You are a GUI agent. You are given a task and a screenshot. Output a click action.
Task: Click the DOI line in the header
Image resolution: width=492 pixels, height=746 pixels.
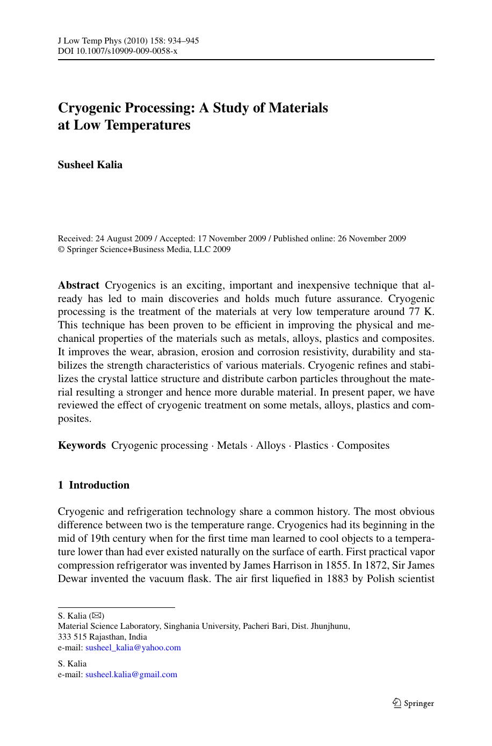117,51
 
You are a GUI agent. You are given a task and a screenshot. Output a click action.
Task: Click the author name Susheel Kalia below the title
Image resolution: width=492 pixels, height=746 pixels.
90,165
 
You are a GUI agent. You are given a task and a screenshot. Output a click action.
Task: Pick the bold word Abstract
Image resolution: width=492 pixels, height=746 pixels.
78,285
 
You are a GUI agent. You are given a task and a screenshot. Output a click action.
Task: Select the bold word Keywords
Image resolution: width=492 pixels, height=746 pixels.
82,446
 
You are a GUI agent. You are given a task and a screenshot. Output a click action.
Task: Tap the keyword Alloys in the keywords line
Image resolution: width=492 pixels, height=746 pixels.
270,446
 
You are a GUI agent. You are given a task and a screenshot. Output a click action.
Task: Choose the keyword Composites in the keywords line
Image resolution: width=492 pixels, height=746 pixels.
363,446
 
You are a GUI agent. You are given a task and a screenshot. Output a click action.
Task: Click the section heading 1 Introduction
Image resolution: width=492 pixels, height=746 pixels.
93,485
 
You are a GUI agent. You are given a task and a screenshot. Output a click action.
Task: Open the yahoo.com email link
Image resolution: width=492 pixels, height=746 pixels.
133,648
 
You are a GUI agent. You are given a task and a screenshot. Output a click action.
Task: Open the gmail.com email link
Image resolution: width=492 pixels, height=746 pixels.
131,675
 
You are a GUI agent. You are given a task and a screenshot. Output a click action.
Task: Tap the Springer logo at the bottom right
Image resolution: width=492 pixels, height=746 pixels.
413,703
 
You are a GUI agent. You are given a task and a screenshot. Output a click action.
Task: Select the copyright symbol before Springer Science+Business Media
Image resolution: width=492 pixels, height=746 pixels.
61,249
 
